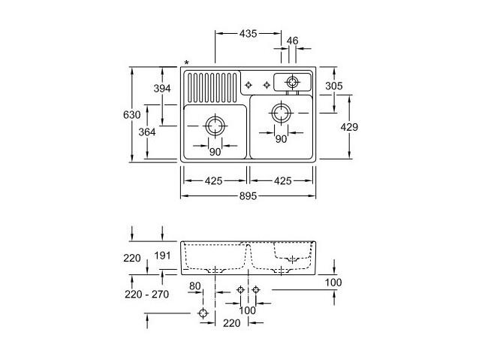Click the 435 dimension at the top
pos(248,33)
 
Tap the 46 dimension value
pos(292,41)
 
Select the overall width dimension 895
pos(248,196)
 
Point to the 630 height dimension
pos(132,115)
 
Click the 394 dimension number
pos(162,89)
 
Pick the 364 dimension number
pos(147,132)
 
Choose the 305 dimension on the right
pos(334,86)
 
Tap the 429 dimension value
pos(349,127)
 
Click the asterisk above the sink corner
pos(187,63)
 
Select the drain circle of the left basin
pos(215,126)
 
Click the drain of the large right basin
pos(281,113)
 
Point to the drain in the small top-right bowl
pos(292,82)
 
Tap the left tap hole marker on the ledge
pos(249,85)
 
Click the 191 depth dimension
pos(162,256)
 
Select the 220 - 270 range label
pos(147,295)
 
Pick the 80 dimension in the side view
pos(195,286)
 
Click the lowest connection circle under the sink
pos(203,313)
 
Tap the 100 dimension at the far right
pos(333,283)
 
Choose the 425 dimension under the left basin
pos(213,181)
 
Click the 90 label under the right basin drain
pos(281,140)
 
